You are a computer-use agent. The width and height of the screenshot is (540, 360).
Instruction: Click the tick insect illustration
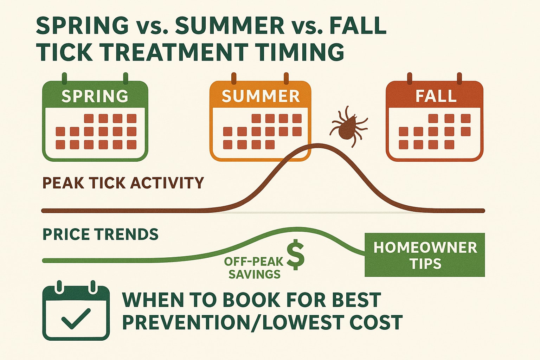[347, 127]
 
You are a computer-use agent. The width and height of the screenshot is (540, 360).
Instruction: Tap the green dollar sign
[296, 255]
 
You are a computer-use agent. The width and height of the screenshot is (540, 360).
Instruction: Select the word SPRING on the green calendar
[95, 96]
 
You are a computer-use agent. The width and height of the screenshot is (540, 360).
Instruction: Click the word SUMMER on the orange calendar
[261, 96]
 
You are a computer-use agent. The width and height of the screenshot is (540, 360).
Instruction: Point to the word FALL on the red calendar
[436, 96]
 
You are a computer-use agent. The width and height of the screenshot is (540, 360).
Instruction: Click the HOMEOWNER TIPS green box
[425, 255]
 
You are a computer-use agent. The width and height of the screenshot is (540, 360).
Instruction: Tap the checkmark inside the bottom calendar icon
[76, 318]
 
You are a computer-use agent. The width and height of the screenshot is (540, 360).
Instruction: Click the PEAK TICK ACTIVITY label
[123, 183]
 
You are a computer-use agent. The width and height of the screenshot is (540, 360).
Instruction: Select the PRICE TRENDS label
[101, 234]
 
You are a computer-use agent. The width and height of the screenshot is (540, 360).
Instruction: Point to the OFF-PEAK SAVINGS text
[254, 268]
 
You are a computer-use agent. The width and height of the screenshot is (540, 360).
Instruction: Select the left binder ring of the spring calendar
[64, 78]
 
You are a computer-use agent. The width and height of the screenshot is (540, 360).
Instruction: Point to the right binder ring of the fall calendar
[459, 78]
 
